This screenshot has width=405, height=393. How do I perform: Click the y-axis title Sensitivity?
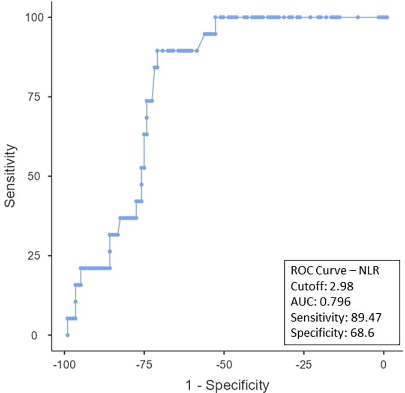12,176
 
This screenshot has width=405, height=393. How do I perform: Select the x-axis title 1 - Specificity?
227,385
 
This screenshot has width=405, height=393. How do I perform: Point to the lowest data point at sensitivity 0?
67,335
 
